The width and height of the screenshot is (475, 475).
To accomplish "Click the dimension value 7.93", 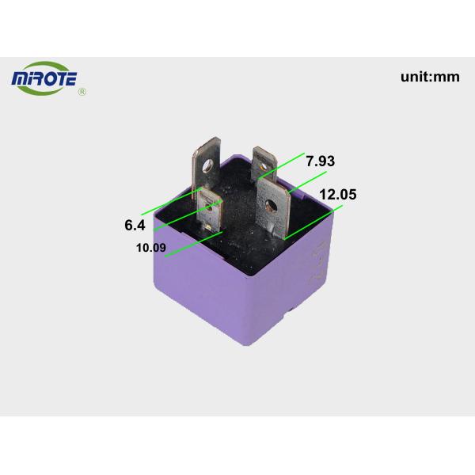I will pyautogui.click(x=320, y=161).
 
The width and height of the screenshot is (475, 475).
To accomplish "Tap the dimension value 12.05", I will pyautogui.click(x=337, y=195).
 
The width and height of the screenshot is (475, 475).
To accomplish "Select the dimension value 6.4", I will pyautogui.click(x=135, y=225).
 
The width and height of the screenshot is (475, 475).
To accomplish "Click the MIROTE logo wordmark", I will pyautogui.click(x=53, y=79).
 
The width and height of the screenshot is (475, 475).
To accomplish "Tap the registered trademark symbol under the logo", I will pyautogui.click(x=82, y=93).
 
